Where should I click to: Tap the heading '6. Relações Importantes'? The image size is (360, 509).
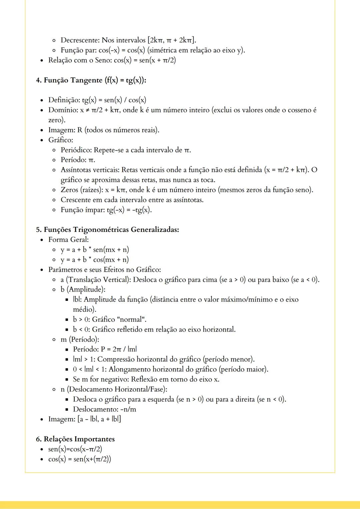75,439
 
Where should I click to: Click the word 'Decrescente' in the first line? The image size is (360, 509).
80,40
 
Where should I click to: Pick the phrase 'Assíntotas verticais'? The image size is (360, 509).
90,170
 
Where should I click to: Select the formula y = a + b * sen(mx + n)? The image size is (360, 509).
95,250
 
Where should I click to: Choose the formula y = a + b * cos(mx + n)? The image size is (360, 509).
95,259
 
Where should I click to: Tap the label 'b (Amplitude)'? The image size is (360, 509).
83,289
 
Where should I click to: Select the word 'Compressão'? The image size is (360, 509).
116,359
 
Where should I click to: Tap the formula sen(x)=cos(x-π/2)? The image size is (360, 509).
75,449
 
